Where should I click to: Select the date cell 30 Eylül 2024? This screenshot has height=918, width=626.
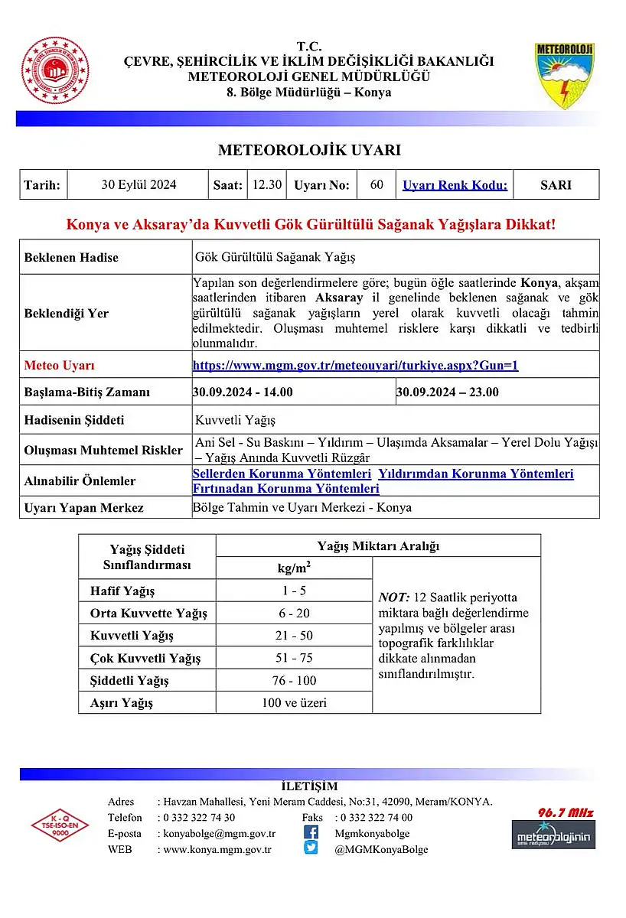click(x=139, y=184)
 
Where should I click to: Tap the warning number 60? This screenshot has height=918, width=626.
click(x=377, y=184)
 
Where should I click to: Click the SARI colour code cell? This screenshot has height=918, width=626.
click(x=556, y=184)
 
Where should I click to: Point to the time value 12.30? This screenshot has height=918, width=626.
click(x=267, y=184)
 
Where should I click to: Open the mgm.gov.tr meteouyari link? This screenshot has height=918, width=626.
click(x=355, y=366)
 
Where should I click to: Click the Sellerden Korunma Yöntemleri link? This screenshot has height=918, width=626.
click(x=282, y=474)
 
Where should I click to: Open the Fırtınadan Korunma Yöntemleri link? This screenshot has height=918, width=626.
click(x=285, y=488)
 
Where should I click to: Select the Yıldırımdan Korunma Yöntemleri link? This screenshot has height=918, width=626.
click(x=476, y=474)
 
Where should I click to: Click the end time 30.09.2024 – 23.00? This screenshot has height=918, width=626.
click(x=448, y=392)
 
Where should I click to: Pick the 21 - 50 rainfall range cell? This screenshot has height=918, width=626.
click(x=294, y=636)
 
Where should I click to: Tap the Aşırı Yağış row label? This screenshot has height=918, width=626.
click(x=122, y=703)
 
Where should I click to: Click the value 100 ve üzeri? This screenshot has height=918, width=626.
click(x=294, y=702)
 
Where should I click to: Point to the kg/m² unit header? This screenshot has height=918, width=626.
click(x=294, y=568)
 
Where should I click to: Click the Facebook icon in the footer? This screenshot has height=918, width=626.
click(x=311, y=832)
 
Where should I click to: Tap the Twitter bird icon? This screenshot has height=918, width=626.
click(x=311, y=848)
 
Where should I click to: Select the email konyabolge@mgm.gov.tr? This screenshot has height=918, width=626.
click(x=220, y=833)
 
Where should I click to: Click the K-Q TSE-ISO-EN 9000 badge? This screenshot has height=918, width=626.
click(x=60, y=825)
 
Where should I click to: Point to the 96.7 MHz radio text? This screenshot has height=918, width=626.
click(x=566, y=812)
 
